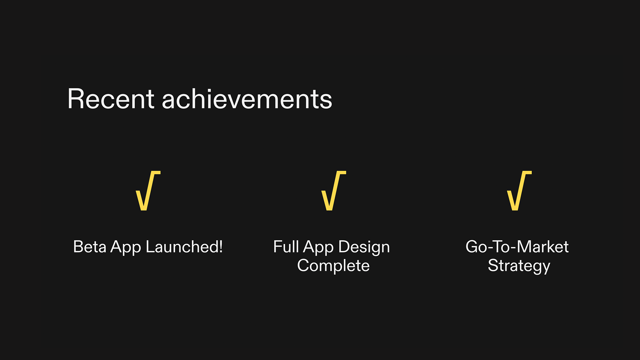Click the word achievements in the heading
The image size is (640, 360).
[x=247, y=99]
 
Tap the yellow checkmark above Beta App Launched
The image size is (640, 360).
[x=148, y=191]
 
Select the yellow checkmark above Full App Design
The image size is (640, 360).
[x=333, y=191]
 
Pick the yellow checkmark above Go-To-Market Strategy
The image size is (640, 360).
[x=519, y=191]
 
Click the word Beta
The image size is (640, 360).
[x=89, y=247]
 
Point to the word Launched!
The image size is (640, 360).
[x=184, y=247]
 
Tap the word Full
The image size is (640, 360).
[x=286, y=247]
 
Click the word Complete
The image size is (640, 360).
[x=333, y=266]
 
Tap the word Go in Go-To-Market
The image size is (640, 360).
[x=476, y=247]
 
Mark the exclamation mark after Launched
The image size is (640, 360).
[x=221, y=247]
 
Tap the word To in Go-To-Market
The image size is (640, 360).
[x=501, y=247]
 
